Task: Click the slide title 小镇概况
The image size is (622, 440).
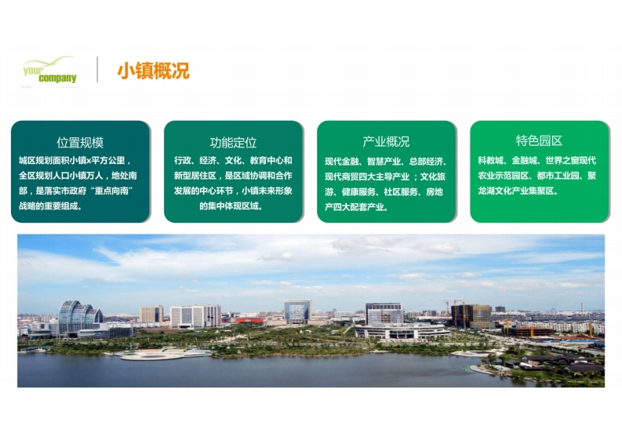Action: [154, 71]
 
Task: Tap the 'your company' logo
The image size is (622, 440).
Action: [49, 71]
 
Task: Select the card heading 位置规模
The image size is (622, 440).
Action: [80, 142]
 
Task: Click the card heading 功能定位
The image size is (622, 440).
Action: [233, 142]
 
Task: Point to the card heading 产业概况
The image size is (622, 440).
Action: [387, 141]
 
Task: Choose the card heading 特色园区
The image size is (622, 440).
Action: [539, 140]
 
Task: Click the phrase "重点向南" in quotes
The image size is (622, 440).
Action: [111, 191]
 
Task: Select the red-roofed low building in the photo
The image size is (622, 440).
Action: [249, 320]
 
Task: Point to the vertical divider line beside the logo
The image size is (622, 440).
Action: [97, 70]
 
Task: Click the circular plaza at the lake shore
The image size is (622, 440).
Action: [153, 355]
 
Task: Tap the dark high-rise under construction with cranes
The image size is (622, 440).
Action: [471, 316]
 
